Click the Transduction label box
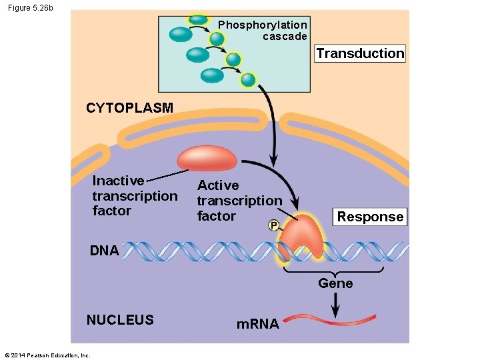(360, 54)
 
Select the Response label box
(370, 217)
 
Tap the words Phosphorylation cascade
(263, 31)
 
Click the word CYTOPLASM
(129, 108)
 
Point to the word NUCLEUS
(120, 320)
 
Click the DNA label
(104, 251)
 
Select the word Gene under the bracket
(335, 283)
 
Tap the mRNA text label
(258, 325)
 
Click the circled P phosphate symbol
(273, 226)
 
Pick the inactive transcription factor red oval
(207, 159)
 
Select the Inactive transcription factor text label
(134, 196)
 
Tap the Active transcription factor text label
(239, 201)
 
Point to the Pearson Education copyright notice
(47, 355)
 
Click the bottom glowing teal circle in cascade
(248, 81)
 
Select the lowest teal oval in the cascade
(212, 75)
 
